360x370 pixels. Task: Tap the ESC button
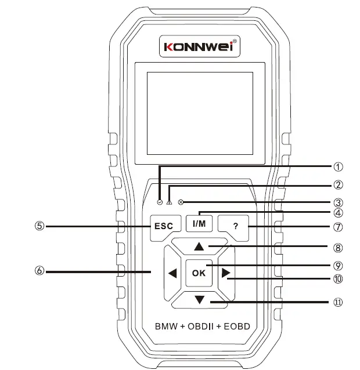pyautogui.click(x=163, y=226)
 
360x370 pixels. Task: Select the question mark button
pyautogui.click(x=235, y=226)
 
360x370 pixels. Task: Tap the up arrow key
pyautogui.click(x=199, y=246)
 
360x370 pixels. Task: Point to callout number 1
pyautogui.click(x=337, y=166)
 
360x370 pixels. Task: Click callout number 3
pyautogui.click(x=337, y=203)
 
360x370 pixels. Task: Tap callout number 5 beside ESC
pyautogui.click(x=39, y=226)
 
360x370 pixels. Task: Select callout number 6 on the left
pyautogui.click(x=39, y=271)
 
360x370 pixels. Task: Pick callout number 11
pyautogui.click(x=337, y=302)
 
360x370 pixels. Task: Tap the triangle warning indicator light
pyautogui.click(x=168, y=202)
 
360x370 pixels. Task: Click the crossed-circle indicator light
pyautogui.click(x=181, y=202)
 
